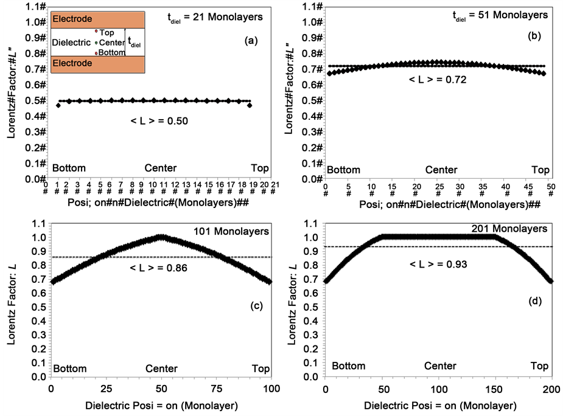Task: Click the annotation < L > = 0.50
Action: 159,121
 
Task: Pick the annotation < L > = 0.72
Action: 438,79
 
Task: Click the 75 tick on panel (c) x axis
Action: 216,388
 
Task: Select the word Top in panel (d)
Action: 539,366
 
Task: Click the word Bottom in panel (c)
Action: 69,369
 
